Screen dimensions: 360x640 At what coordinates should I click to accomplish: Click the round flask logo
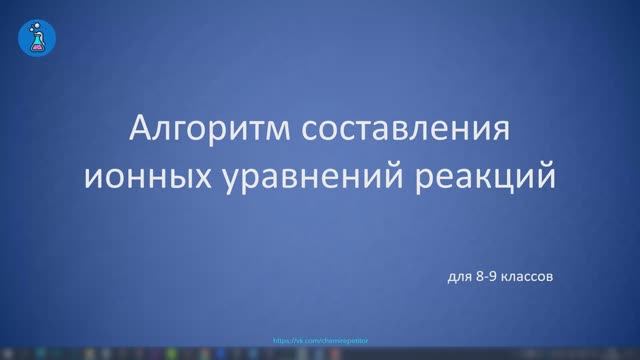pyautogui.click(x=38, y=36)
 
